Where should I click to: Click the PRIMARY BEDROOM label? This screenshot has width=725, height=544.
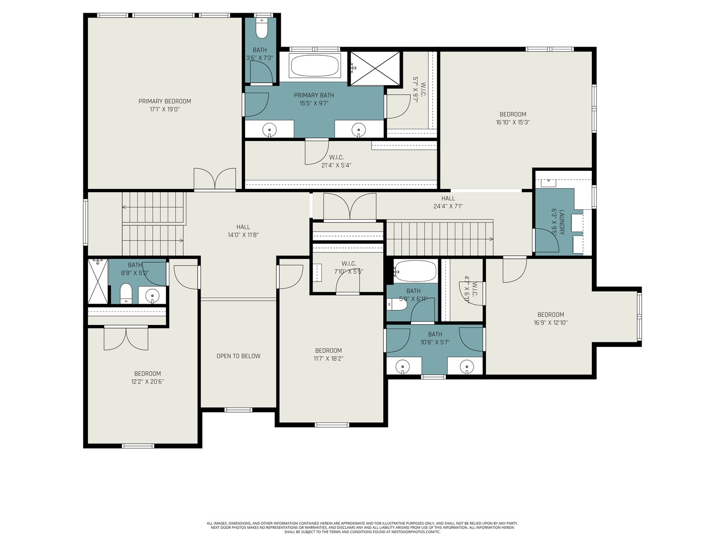click(x=164, y=101)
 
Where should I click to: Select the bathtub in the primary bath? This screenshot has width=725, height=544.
click(x=315, y=65)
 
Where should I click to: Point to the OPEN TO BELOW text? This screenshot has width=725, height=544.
click(x=238, y=356)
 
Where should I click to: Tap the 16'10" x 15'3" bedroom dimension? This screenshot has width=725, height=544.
click(x=512, y=122)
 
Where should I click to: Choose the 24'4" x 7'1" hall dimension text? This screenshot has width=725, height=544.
click(x=448, y=206)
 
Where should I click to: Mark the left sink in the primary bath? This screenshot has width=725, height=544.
click(x=270, y=130)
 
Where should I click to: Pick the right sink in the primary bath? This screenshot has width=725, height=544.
click(x=358, y=130)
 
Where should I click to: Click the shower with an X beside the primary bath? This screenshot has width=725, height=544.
click(x=375, y=68)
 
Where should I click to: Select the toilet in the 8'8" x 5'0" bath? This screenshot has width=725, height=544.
click(x=126, y=293)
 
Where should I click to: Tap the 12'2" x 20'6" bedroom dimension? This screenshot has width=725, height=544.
click(x=147, y=382)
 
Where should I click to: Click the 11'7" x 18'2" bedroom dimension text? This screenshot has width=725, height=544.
click(x=329, y=359)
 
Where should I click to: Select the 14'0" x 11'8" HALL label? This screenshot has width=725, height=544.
click(x=243, y=231)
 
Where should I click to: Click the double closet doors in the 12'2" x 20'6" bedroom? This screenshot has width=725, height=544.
click(x=126, y=338)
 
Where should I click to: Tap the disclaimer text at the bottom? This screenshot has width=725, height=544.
click(x=362, y=528)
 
